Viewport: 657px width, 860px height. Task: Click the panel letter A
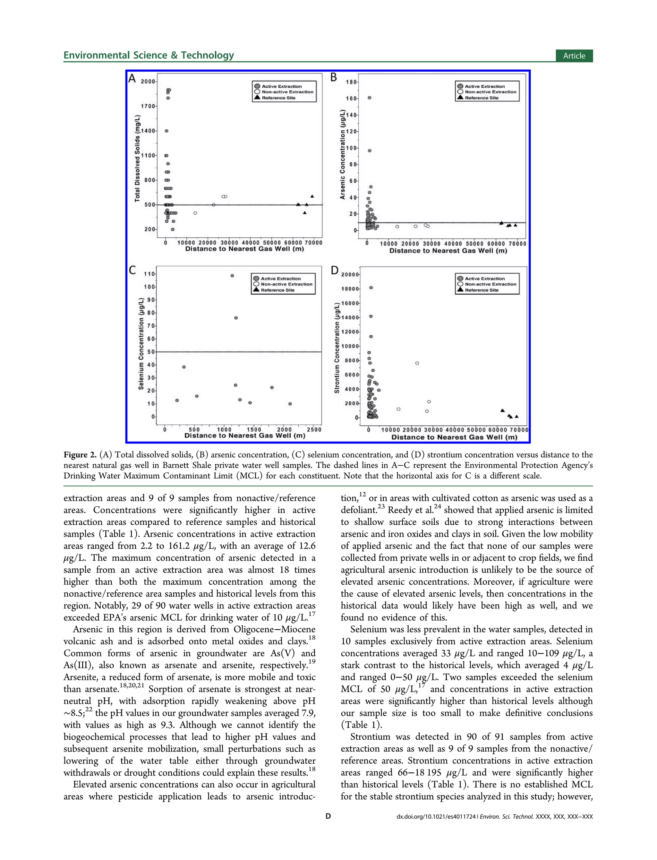pos(132,79)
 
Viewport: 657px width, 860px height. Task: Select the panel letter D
pos(334,270)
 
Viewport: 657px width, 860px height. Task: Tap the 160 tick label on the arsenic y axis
pos(351,99)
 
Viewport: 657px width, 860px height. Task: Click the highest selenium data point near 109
pos(232,276)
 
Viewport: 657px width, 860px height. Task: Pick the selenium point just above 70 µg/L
pos(236,318)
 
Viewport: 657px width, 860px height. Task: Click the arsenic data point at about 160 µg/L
pos(369,98)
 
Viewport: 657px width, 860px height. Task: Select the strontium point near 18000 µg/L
pos(371,288)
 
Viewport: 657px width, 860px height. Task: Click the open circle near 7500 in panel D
pos(417,363)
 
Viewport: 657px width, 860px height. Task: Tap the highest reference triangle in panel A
pos(312,196)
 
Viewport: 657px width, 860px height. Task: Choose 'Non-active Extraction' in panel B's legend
pos(491,92)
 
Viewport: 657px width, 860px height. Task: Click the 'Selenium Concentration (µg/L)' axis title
pos(141,344)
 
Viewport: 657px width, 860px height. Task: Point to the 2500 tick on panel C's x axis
pos(314,429)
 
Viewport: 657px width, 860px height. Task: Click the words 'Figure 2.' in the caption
pos(80,455)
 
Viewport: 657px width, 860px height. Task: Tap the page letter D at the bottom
pos(328,816)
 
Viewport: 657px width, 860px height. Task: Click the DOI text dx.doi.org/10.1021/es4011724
pos(436,817)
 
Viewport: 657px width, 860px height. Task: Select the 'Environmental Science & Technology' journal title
pos(149,55)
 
